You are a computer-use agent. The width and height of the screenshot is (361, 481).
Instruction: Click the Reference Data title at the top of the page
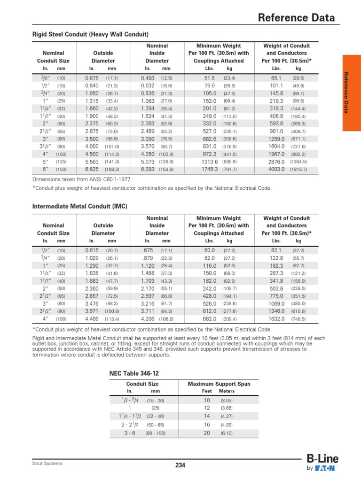coord(297,18)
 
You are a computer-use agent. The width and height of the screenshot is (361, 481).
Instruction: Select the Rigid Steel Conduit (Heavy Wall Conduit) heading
coord(90,35)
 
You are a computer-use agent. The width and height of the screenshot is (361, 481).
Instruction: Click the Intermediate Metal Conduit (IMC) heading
coord(79,207)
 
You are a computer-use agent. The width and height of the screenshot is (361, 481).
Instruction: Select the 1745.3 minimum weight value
coord(210,169)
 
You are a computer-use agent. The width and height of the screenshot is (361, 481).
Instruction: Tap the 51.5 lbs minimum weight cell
coord(210,78)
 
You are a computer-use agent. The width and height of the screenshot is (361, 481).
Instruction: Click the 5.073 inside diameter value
coord(149,162)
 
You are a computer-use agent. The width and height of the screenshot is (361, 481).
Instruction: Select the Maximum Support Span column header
coord(219,384)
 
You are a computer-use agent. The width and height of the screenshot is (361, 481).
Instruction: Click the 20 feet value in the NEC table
coord(207,433)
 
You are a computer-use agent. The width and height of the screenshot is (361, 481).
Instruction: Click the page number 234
coord(180,465)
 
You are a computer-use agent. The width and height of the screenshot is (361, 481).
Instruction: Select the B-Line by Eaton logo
coord(322,463)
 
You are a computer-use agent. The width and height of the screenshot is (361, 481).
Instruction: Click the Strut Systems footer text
coord(47,464)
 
